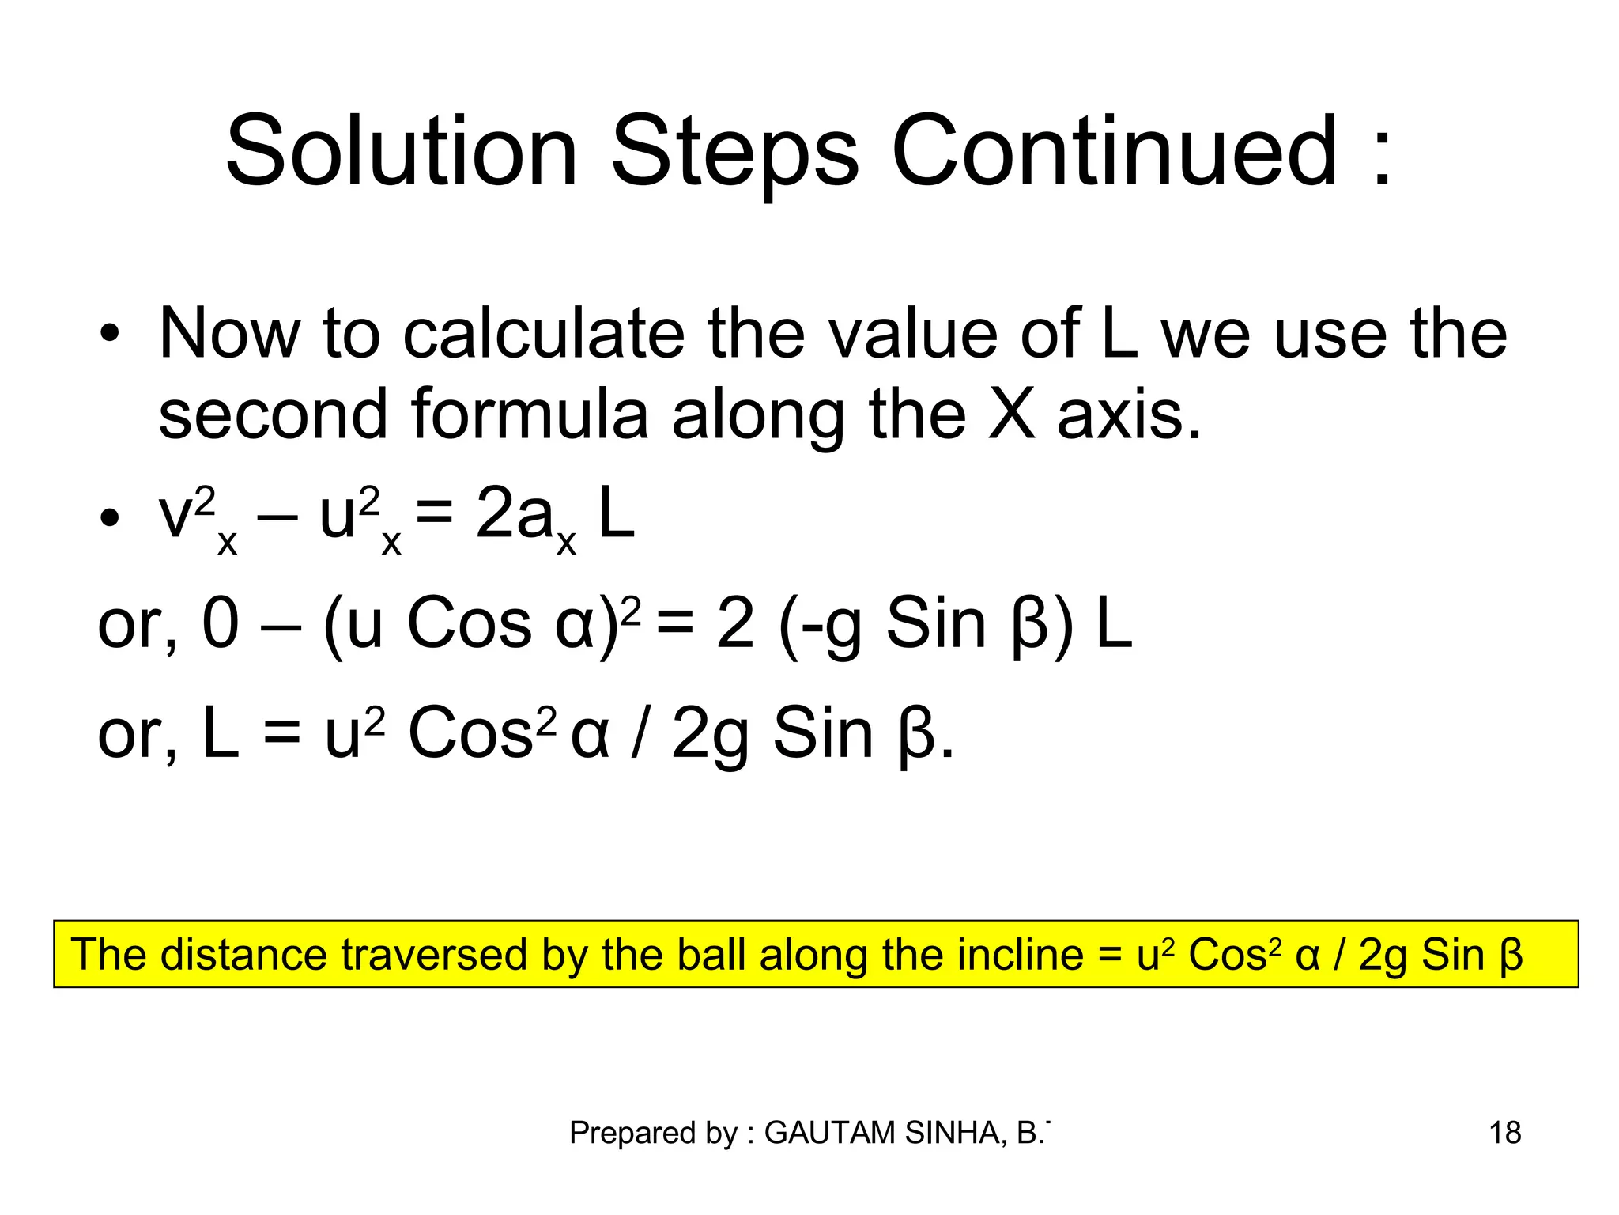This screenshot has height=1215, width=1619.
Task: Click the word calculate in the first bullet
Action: [x=543, y=334]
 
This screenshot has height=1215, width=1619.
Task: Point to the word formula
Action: [x=530, y=414]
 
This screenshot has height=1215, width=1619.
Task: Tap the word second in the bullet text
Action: [x=274, y=414]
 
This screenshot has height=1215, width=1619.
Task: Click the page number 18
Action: [x=1505, y=1134]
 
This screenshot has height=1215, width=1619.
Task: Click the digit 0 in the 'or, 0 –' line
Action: [x=221, y=624]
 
